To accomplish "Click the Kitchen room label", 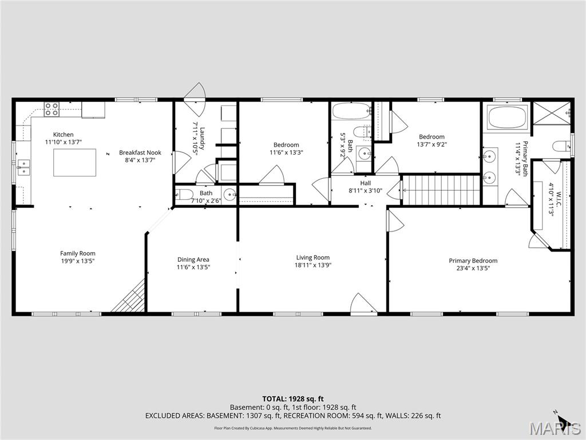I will (63, 135).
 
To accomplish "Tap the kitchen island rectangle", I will (75, 162).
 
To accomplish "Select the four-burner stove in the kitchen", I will (52, 109).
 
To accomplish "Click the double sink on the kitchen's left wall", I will (23, 167).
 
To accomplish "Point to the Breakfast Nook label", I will (140, 152).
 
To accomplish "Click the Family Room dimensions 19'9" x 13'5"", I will (78, 261).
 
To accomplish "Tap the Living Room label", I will (312, 257).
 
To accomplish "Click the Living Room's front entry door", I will (364, 305).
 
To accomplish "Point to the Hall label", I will (365, 183).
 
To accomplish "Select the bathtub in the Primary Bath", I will (506, 117).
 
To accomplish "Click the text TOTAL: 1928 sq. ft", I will (293, 398).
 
